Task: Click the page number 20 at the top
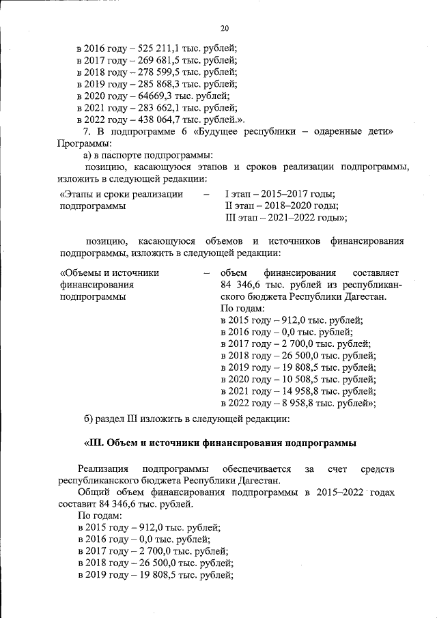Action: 225,27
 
